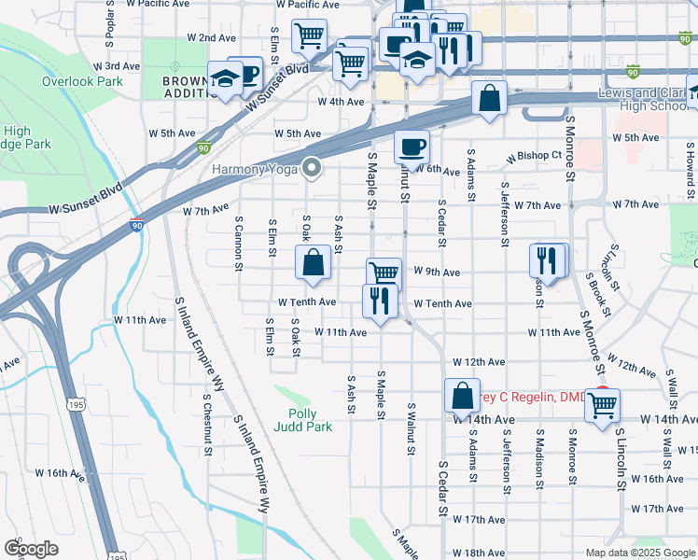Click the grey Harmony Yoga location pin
tap(312, 168)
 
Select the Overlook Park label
tap(82, 81)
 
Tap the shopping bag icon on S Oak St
tap(313, 263)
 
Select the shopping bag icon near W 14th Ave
tap(462, 396)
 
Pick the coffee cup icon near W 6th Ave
tap(411, 147)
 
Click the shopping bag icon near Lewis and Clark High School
tap(489, 98)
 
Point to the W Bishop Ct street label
tap(534, 156)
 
